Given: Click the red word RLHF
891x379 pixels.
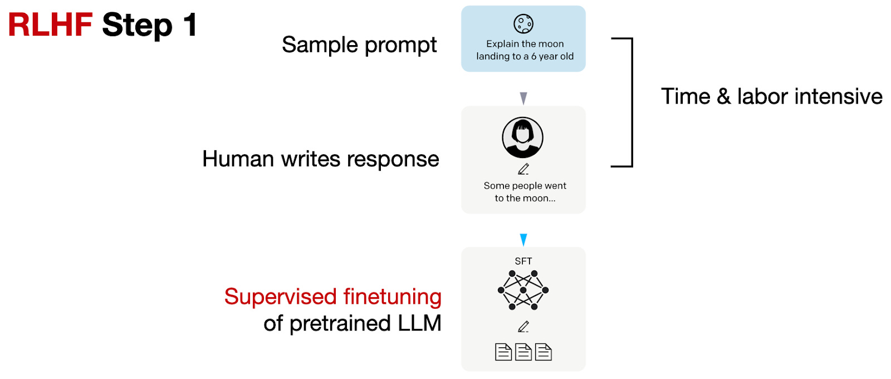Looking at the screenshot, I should coord(50,26).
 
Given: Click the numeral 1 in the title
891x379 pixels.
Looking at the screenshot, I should coord(190,26).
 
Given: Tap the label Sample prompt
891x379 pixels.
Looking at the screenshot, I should coord(359,45).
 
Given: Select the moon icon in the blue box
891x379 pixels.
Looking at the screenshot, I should coord(523,24).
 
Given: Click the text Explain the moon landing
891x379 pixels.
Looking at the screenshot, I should coord(525,50).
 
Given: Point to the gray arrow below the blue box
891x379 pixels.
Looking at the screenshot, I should coord(523,99).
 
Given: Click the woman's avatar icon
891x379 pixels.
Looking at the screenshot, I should coord(522,137).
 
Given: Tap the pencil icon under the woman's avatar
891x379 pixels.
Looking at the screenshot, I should coord(523,169).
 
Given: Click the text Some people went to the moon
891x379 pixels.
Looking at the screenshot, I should coord(525,192).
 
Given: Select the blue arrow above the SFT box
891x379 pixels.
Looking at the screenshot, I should coord(523,240).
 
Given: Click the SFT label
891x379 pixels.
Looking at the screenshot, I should coord(523,261).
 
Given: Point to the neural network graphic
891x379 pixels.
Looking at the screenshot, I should coord(523,290).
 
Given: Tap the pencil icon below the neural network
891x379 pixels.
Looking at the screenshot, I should coord(523,327).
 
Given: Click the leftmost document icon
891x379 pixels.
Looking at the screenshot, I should coord(503,352).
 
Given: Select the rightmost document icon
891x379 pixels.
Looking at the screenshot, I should coord(544,352).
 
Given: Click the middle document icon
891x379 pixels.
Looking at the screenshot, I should coord(523,352).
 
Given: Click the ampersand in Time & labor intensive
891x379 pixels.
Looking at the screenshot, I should coord(723,97).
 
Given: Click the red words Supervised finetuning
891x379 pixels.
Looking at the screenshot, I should coord(332,297).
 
